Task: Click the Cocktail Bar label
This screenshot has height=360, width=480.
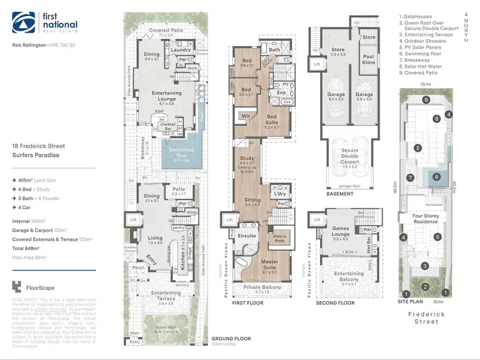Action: (169, 125)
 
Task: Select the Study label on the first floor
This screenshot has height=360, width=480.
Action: (246, 158)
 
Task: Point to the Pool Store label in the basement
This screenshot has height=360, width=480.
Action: (369, 60)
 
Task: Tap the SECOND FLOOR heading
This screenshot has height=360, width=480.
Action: (336, 302)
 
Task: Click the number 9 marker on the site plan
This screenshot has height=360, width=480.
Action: (425, 100)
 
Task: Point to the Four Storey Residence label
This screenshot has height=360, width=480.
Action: (426, 219)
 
